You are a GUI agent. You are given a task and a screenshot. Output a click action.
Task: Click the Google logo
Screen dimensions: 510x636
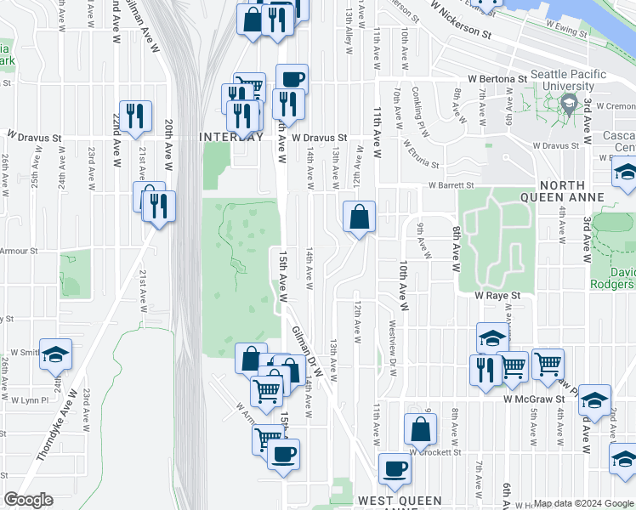pos(29,500)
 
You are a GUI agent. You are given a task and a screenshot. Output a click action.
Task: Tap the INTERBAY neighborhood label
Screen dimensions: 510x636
pos(230,137)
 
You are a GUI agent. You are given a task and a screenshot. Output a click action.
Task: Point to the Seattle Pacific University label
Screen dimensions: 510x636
pos(562,81)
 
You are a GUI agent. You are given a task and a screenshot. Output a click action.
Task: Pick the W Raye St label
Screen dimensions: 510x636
pos(497,296)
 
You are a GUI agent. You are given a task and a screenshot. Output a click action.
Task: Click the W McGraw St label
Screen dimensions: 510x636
pos(533,398)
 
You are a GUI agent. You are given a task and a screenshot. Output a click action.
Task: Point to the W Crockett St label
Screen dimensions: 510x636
pos(435,452)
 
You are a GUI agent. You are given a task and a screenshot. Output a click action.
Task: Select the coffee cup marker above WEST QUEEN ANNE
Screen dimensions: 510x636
pos(394,468)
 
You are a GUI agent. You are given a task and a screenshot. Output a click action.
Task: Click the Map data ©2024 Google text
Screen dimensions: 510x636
pos(583,503)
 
